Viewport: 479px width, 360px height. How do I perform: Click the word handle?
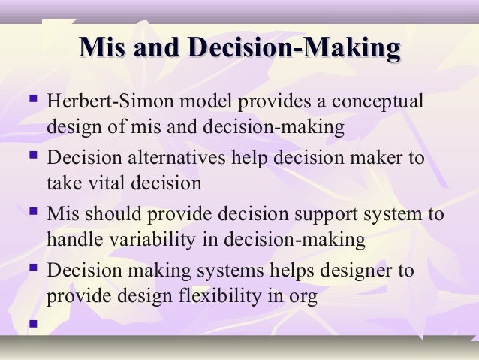(x=71, y=239)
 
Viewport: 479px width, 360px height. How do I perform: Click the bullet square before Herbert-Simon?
(x=30, y=100)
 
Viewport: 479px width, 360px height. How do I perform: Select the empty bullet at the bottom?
(x=30, y=326)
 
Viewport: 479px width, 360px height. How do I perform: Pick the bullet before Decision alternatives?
(x=30, y=159)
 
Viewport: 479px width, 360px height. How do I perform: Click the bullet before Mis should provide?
(x=30, y=213)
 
